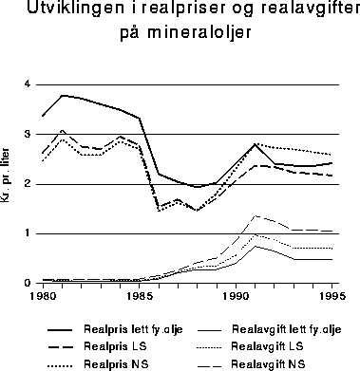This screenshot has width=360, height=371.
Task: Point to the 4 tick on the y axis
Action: tap(28, 84)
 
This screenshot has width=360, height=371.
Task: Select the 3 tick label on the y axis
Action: tap(28, 134)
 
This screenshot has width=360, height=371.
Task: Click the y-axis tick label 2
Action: tap(28, 183)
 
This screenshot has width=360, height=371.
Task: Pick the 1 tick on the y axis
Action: tap(28, 233)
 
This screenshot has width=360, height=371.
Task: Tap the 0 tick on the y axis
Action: tap(28, 283)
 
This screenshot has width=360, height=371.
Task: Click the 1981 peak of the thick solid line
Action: tap(62, 95)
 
